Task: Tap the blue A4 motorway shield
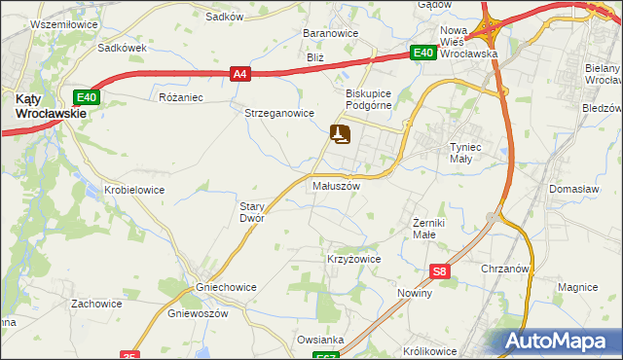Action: click(x=241, y=72)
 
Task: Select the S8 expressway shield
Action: click(x=441, y=272)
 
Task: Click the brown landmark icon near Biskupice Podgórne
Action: click(x=340, y=133)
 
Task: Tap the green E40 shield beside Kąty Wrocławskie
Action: click(x=87, y=96)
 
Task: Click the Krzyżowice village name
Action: click(x=353, y=260)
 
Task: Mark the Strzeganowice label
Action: click(x=278, y=113)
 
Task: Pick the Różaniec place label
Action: click(x=180, y=97)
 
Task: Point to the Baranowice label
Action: click(x=331, y=33)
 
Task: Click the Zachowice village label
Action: click(x=96, y=304)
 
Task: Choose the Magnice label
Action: click(x=577, y=287)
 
